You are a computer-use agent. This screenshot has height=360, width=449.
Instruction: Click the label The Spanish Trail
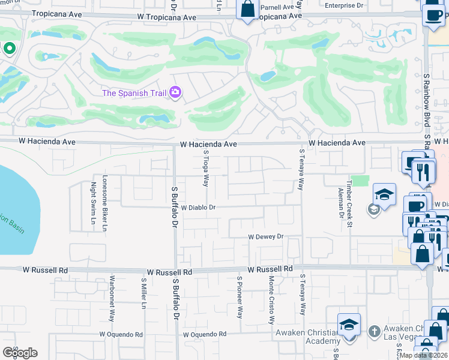click(x=135, y=92)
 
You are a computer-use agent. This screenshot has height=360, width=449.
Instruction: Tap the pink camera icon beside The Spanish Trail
click(x=176, y=92)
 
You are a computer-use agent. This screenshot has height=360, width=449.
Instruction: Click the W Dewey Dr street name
click(x=266, y=237)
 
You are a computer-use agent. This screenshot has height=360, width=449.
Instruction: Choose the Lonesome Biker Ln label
click(x=104, y=203)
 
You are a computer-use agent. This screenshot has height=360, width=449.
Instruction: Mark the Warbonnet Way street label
click(x=112, y=298)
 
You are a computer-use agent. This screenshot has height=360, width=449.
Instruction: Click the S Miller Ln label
click(x=143, y=293)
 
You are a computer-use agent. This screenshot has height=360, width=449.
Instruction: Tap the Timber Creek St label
click(x=348, y=193)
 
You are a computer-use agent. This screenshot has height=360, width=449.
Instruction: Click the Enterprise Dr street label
click(x=344, y=5)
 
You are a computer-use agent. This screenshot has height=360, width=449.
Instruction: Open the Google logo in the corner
click(x=20, y=353)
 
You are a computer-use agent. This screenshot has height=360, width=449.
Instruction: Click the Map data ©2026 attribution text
click(x=424, y=355)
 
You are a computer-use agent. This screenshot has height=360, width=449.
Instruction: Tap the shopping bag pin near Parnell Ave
click(x=247, y=9)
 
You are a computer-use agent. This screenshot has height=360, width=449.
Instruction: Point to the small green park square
click(x=360, y=181)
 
